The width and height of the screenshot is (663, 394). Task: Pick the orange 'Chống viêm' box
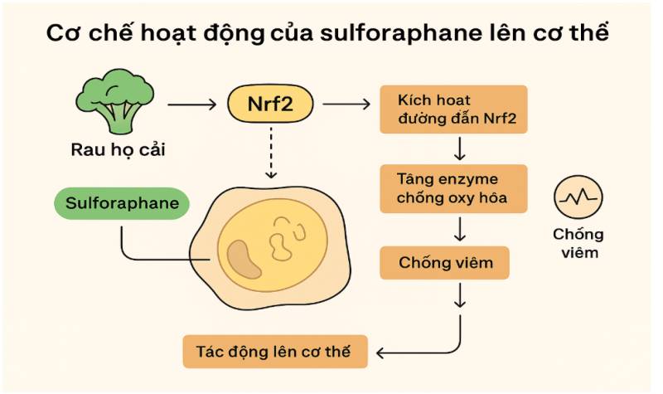(444, 263)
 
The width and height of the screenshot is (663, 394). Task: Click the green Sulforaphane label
(122, 202)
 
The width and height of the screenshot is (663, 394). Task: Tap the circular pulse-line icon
(577, 199)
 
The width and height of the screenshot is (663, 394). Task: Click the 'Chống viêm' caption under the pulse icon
(577, 242)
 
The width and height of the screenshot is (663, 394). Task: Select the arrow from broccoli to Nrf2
(193, 105)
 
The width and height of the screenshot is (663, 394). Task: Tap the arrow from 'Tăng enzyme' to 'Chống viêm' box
(459, 227)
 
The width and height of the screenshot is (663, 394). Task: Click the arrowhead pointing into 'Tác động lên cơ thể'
(383, 351)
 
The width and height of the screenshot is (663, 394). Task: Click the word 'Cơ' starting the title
(61, 36)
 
